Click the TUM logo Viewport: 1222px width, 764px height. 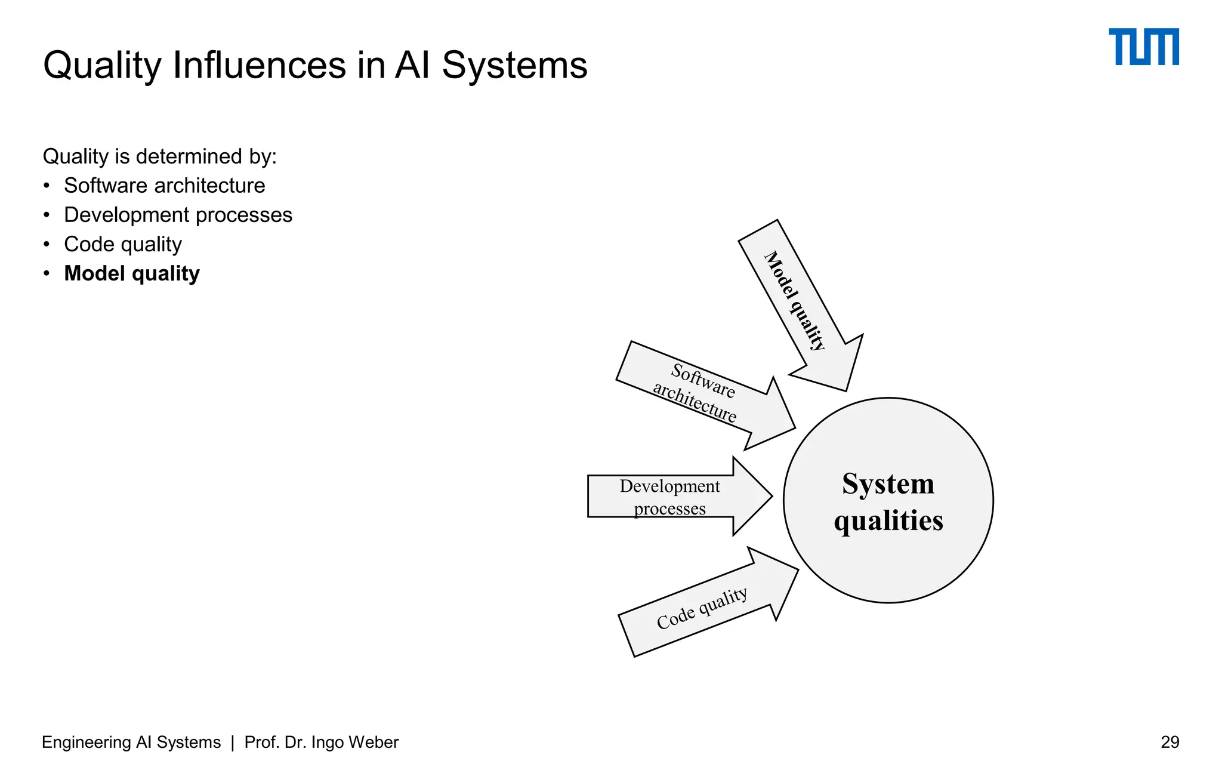coord(1143,47)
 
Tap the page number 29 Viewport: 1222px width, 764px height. coord(1169,742)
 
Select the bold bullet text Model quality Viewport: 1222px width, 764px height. coord(131,273)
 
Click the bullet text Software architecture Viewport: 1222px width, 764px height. coord(164,186)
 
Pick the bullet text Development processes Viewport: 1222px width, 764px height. coord(178,215)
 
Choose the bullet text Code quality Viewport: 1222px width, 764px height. coord(122,244)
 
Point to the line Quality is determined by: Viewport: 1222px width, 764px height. coord(159,156)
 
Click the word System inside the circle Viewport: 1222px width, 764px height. coord(888,483)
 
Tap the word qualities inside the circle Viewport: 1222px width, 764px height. coord(888,520)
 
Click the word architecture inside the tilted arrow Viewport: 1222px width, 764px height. coord(695,403)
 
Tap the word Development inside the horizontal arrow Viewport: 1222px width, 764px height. coord(669,486)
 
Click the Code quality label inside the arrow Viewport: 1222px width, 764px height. coord(702,609)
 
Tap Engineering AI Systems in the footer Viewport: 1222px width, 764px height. coord(131,742)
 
